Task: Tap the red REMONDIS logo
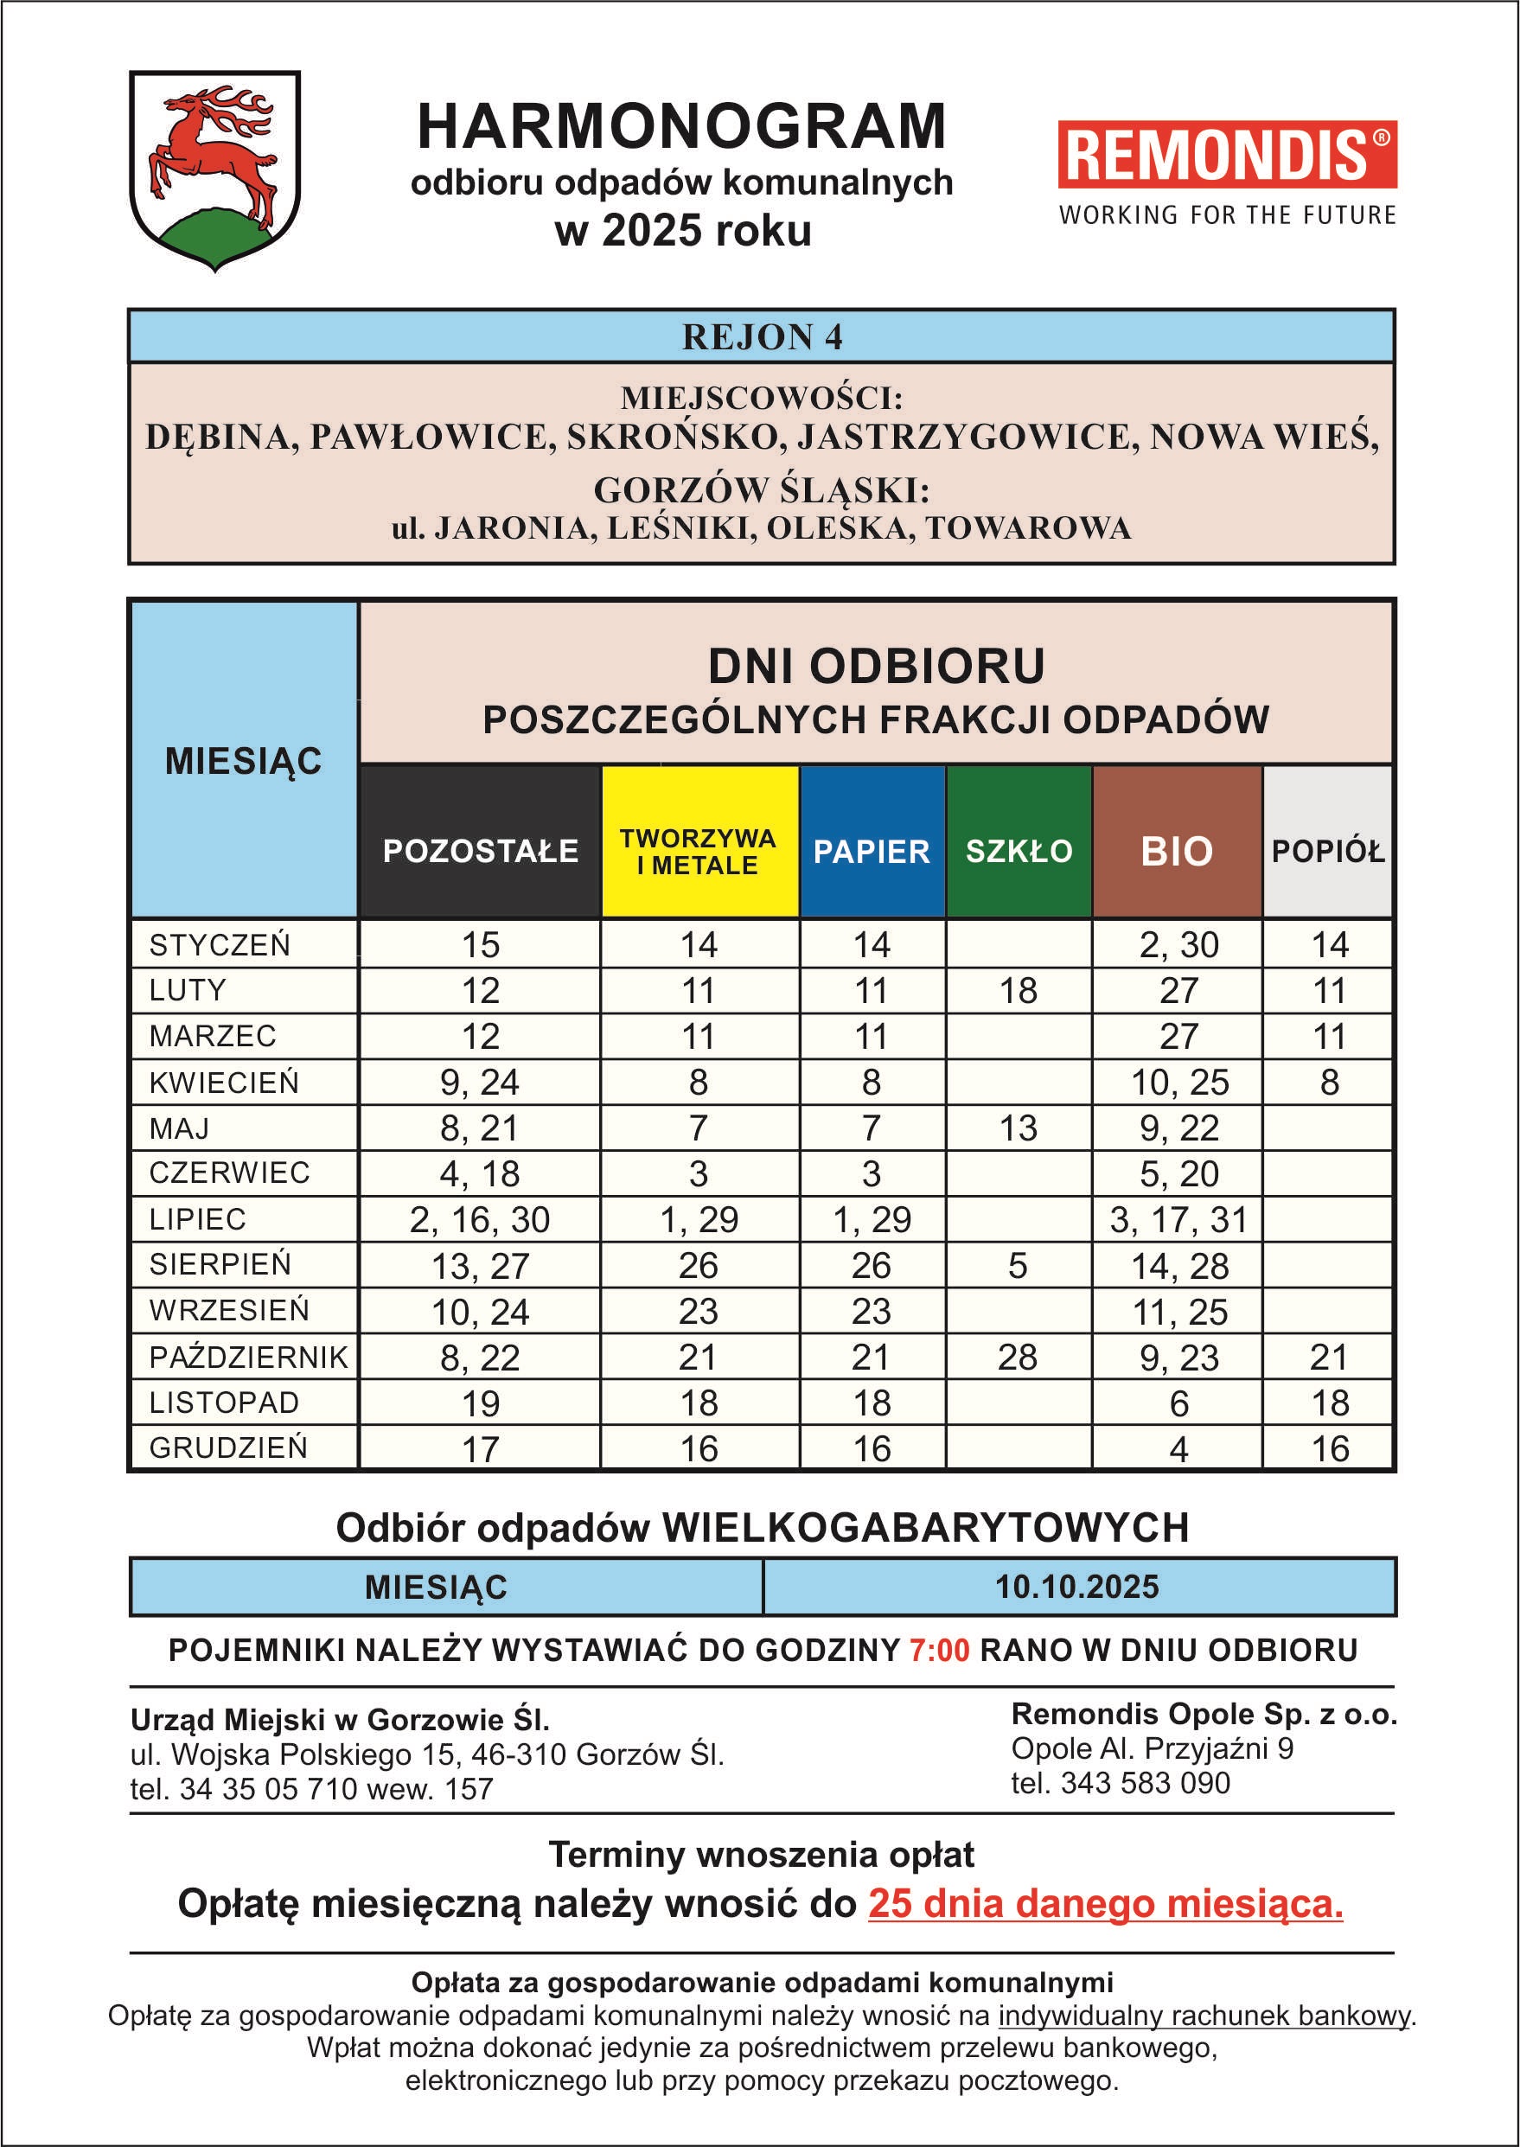click(1226, 155)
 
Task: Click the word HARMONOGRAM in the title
click(681, 127)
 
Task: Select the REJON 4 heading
click(762, 337)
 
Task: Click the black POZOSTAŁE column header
click(480, 851)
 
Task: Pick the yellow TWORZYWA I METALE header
click(699, 851)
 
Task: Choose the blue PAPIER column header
click(872, 851)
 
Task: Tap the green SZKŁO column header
click(1019, 851)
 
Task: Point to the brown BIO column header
click(1177, 851)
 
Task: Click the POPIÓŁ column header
click(1327, 851)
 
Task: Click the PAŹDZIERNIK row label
click(248, 1357)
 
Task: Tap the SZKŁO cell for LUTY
click(1019, 990)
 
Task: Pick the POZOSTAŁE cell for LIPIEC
click(479, 1219)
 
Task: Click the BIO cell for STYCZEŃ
click(1178, 944)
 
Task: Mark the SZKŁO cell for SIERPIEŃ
click(1018, 1265)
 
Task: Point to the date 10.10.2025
click(1076, 1588)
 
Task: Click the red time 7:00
click(939, 1650)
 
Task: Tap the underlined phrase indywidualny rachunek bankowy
click(1204, 2015)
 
